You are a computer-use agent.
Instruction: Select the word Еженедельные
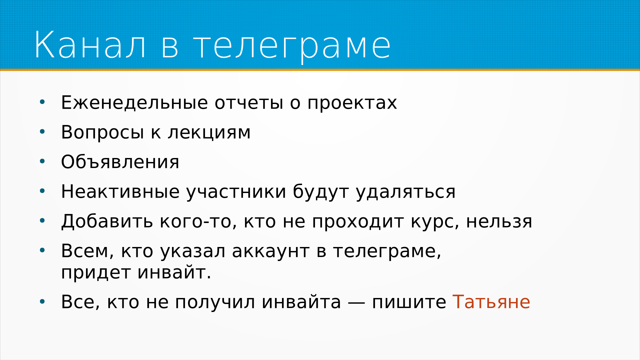(x=135, y=102)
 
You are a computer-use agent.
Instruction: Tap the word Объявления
(x=120, y=162)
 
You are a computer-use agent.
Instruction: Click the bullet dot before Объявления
(x=42, y=162)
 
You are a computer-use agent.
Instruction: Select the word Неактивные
(x=120, y=192)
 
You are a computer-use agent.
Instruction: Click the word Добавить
(x=107, y=222)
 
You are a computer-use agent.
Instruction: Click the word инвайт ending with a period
(x=174, y=273)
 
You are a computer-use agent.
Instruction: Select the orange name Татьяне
(x=491, y=302)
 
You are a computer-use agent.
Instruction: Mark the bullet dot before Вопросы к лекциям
(x=42, y=132)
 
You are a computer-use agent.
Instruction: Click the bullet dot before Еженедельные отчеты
(x=42, y=102)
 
